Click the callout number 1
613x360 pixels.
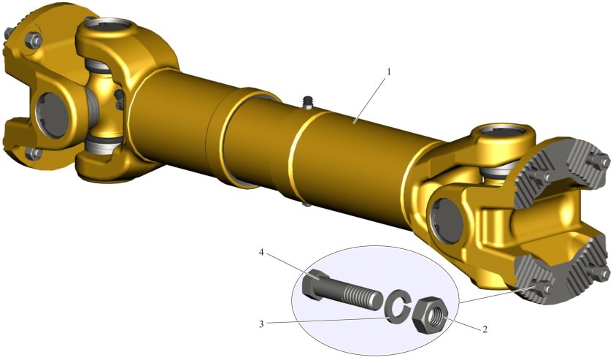tap(389, 72)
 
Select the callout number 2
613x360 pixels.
tap(485, 329)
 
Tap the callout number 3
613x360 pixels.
tap(261, 323)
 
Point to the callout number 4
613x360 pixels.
tap(261, 253)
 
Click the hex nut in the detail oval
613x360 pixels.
tap(430, 315)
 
